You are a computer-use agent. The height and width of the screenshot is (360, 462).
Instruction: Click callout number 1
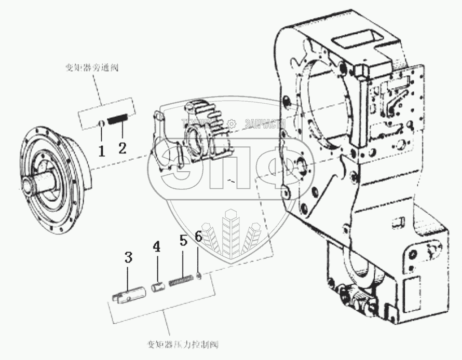coord(102,151)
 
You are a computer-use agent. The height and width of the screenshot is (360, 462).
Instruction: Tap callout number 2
coord(122,148)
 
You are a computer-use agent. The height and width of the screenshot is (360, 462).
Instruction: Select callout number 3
coord(128,257)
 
